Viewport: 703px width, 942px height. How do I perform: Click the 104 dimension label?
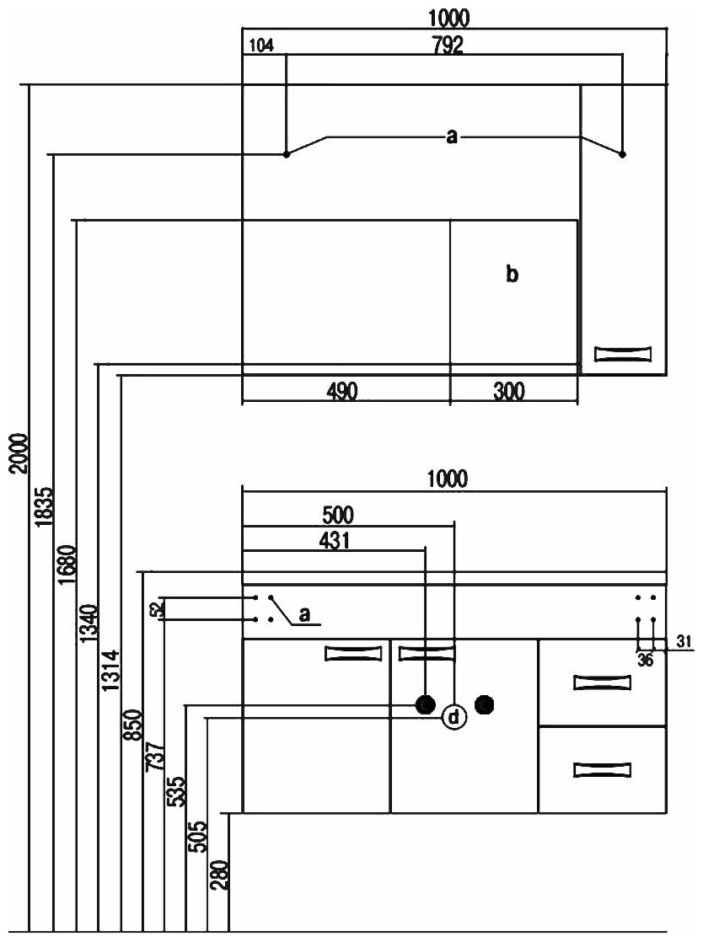[x=262, y=47]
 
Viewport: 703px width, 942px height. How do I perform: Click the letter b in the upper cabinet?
[x=512, y=274]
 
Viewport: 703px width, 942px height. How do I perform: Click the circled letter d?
[x=454, y=718]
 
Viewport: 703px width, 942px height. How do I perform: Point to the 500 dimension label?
[x=338, y=514]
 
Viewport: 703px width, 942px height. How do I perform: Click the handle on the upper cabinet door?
[x=624, y=353]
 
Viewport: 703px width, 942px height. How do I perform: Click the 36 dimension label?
[x=646, y=661]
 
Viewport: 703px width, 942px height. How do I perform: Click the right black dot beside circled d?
[x=485, y=703]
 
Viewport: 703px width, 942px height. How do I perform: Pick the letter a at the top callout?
[x=452, y=137]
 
